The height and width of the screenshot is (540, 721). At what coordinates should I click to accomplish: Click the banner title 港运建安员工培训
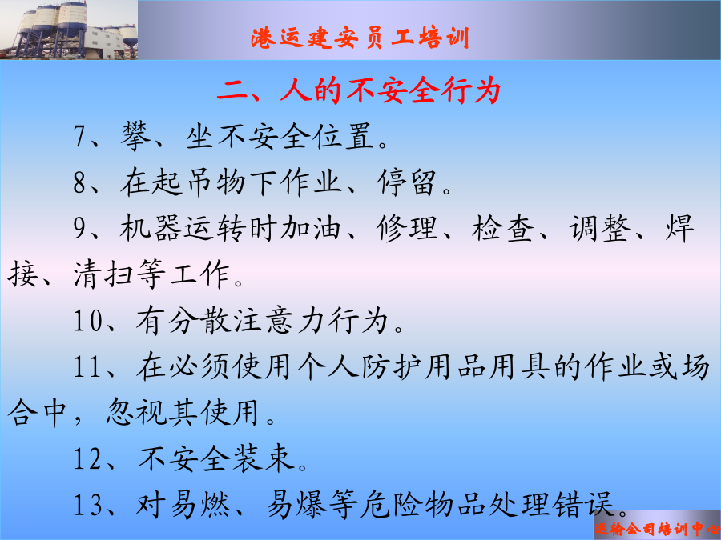point(360,38)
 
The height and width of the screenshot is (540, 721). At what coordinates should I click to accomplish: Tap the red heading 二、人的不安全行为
point(359,90)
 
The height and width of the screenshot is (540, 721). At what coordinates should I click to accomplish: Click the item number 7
point(80,136)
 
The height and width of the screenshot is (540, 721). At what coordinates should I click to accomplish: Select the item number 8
point(80,182)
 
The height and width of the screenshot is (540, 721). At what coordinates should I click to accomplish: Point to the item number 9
point(80,228)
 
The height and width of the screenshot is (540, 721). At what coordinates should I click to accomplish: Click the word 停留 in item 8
point(406,182)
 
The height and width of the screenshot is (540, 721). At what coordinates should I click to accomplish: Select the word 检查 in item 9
point(502,228)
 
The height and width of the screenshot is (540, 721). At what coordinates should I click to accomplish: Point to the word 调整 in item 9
point(599,228)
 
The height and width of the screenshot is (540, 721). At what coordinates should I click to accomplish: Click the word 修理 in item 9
point(407,228)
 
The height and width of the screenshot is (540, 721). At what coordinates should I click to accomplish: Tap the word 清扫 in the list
point(103,274)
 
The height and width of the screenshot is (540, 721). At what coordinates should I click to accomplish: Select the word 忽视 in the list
point(136,412)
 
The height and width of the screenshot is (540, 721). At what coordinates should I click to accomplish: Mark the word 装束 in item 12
point(263,458)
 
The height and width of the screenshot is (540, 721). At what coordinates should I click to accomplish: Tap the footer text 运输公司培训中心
point(658,529)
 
